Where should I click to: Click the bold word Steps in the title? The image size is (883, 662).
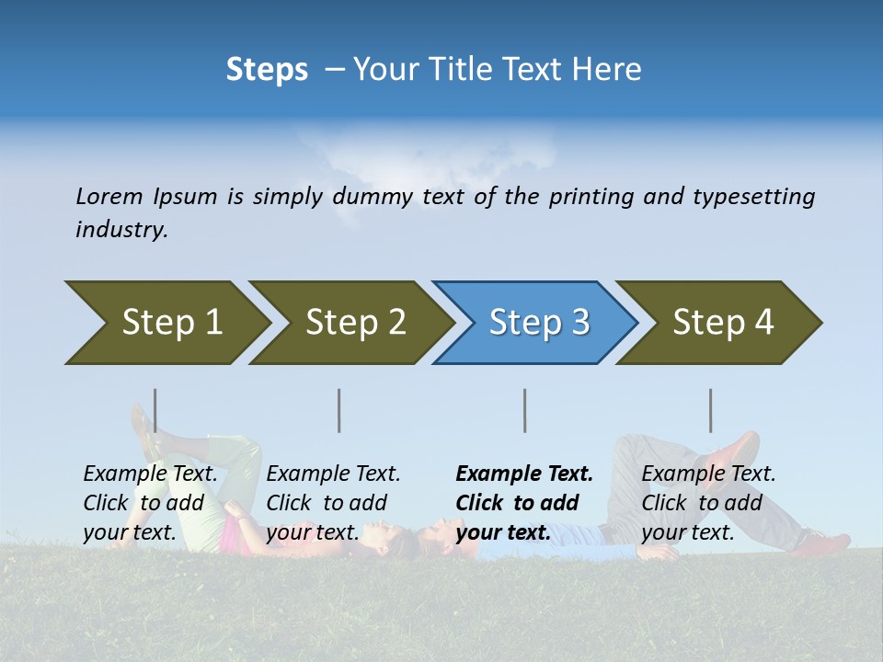[x=267, y=70]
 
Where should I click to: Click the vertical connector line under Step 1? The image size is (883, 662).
[x=155, y=410]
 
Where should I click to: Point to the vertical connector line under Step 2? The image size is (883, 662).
[x=339, y=410]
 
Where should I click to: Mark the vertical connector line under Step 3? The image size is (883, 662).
[x=525, y=410]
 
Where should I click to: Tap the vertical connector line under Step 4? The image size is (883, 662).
[x=711, y=410]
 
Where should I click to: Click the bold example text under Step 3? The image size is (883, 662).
[x=524, y=503]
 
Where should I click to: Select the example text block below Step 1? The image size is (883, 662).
[x=150, y=503]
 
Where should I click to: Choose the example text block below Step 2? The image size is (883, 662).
[x=333, y=503]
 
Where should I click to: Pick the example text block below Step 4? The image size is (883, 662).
[x=708, y=503]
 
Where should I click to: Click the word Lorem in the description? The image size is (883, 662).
[x=109, y=197]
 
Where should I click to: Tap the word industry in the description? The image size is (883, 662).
[x=120, y=230]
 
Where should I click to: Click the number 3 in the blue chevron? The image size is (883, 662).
[x=579, y=323]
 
